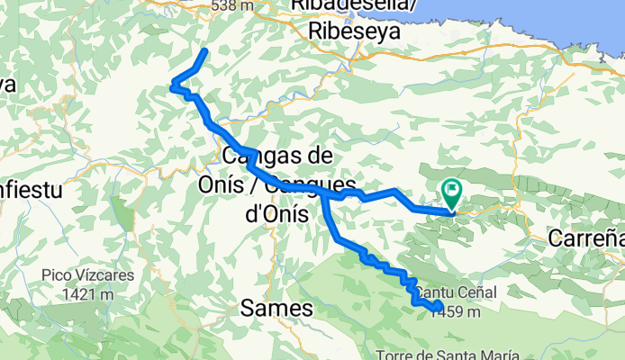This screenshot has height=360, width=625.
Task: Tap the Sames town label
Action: (276, 309)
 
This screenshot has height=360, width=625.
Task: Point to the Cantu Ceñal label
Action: (456, 293)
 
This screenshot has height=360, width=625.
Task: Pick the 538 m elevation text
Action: (232, 5)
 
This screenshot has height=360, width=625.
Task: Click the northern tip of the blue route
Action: (207, 50)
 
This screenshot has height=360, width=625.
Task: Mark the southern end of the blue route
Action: (438, 309)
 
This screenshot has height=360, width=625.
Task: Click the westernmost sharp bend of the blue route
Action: (171, 87)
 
